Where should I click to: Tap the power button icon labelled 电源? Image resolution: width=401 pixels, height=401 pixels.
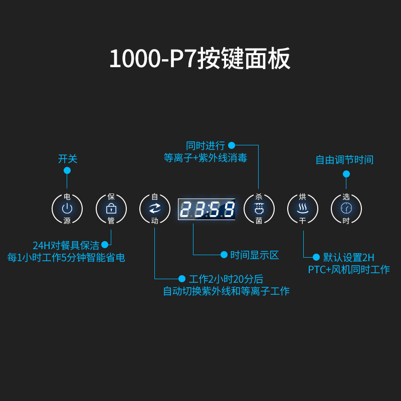[x=67, y=209]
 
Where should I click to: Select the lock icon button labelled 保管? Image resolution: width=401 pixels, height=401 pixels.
[x=111, y=209]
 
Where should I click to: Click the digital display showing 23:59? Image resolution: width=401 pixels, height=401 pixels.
[x=207, y=209]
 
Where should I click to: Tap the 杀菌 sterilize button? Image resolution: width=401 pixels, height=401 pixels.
[x=259, y=209]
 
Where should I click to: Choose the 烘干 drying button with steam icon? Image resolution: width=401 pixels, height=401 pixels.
[x=302, y=209]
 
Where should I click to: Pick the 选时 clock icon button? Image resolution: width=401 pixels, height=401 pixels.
[x=346, y=209]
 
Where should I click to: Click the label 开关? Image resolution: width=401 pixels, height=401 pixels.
[x=68, y=159]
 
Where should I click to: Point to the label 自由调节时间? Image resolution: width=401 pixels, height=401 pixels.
[x=344, y=160]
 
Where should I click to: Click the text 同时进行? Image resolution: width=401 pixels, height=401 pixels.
[x=206, y=146]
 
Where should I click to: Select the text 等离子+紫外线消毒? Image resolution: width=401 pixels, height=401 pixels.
[x=206, y=158]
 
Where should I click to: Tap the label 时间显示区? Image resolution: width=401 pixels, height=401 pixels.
[x=255, y=255]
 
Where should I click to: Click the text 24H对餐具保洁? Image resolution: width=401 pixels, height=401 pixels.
[x=66, y=246]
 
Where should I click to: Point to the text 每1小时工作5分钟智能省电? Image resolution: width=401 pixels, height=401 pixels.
[x=66, y=258]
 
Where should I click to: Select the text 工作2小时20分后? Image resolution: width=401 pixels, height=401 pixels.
[x=226, y=279]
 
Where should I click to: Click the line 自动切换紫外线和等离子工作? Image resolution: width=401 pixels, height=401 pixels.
[x=226, y=291]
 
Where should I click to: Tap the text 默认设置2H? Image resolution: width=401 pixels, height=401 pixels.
[x=349, y=258]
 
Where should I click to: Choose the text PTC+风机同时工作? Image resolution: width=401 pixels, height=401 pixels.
[x=349, y=270]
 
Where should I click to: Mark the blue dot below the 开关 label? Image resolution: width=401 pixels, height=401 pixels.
[x=67, y=170]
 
